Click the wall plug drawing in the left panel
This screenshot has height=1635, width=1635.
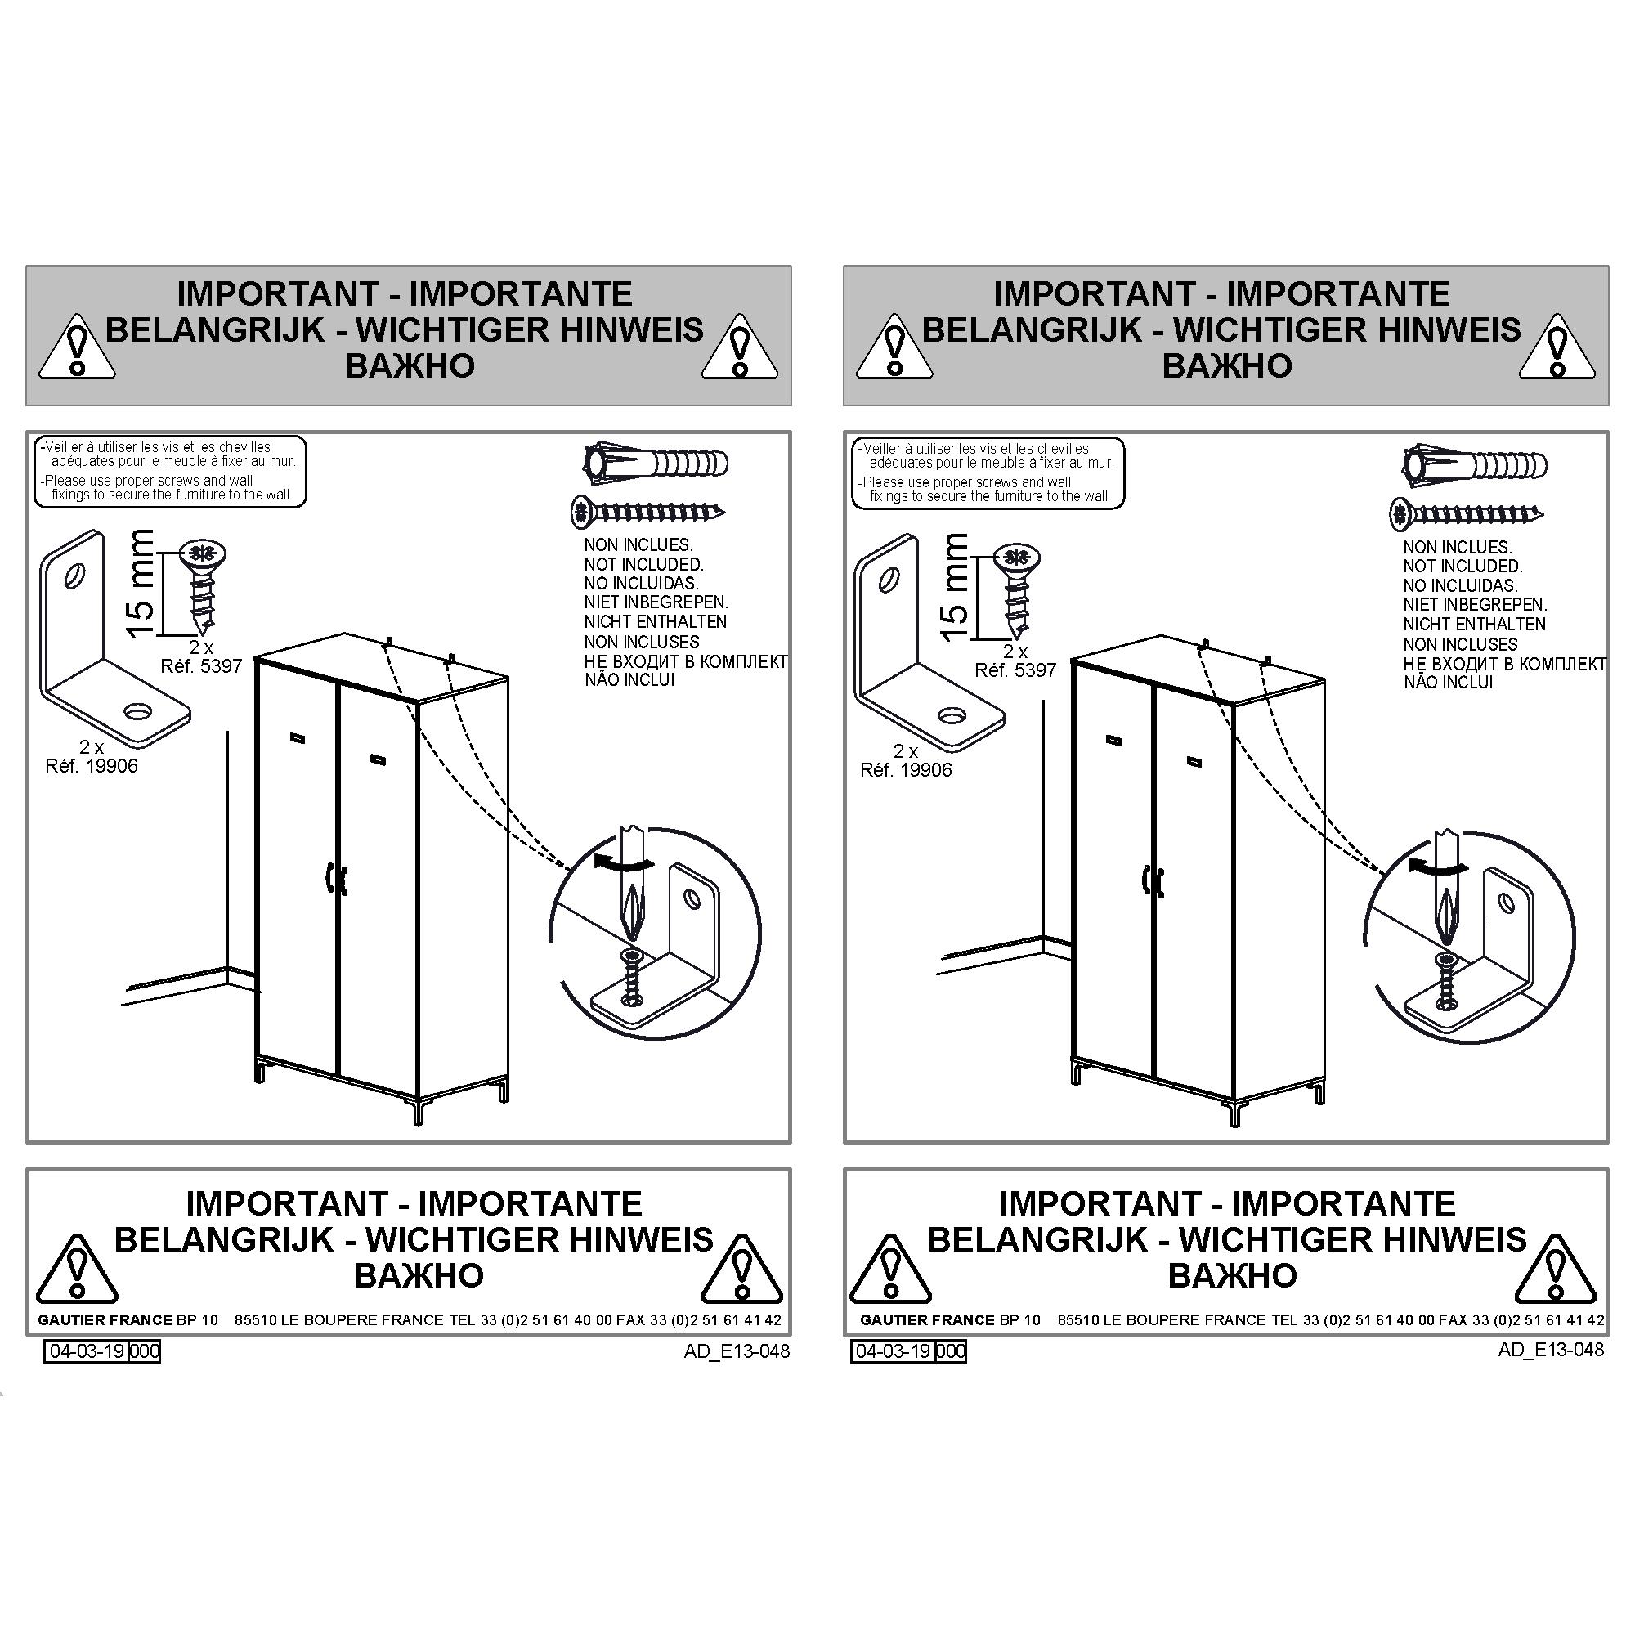click(656, 463)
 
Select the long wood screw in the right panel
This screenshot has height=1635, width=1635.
click(1467, 513)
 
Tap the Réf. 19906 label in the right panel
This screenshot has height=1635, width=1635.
click(906, 770)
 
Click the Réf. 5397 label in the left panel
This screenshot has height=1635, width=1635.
click(201, 666)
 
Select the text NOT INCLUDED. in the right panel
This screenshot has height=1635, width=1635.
click(1463, 567)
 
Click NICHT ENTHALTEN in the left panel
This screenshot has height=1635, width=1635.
click(655, 622)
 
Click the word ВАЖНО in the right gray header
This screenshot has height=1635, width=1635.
click(1226, 366)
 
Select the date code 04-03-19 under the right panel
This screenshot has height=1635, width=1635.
click(893, 1351)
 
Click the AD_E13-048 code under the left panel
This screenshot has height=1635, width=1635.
click(737, 1351)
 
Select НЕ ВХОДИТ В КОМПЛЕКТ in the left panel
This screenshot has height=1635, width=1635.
click(686, 661)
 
